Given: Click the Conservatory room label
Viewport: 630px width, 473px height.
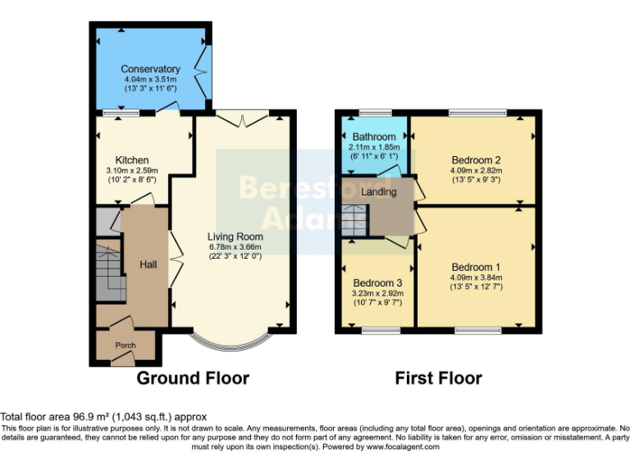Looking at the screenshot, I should coord(150,69).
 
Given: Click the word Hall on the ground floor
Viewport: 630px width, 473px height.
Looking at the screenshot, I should coord(148,264).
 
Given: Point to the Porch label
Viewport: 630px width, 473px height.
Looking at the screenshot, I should coord(125,346).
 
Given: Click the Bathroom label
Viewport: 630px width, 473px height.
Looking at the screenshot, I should coord(374,136).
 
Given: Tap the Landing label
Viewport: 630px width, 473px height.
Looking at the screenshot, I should coord(379,192).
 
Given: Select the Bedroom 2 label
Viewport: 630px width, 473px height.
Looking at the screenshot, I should coord(476,160).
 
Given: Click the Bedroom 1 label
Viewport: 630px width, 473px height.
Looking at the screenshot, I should coord(476,268).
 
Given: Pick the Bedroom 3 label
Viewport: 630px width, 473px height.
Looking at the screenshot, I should coord(377,282).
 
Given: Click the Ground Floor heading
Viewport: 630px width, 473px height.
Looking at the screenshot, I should coord(192,379).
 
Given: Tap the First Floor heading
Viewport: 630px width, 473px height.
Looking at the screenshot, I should coord(438,379).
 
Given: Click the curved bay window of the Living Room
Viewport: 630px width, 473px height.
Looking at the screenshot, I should coord(231,339).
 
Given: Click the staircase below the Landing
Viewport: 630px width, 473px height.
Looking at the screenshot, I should coord(354,220).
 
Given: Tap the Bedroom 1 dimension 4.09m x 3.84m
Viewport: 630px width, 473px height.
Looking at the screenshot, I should coord(476,278).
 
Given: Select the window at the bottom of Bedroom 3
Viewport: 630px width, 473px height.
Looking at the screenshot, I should coord(377,331).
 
